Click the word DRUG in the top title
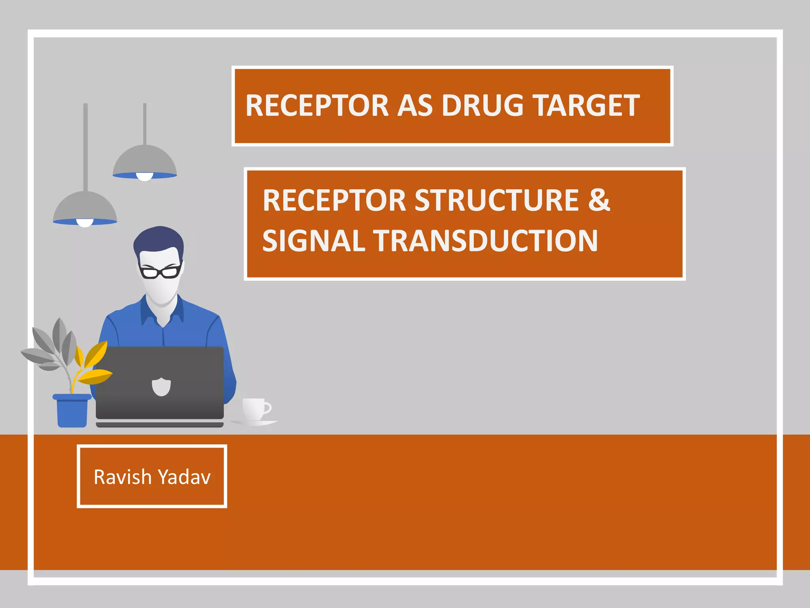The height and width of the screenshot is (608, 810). (x=483, y=106)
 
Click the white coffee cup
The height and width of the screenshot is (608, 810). (x=255, y=408)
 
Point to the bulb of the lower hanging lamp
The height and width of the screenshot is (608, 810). (x=85, y=223)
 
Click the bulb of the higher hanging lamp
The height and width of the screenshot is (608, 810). (x=144, y=177)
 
